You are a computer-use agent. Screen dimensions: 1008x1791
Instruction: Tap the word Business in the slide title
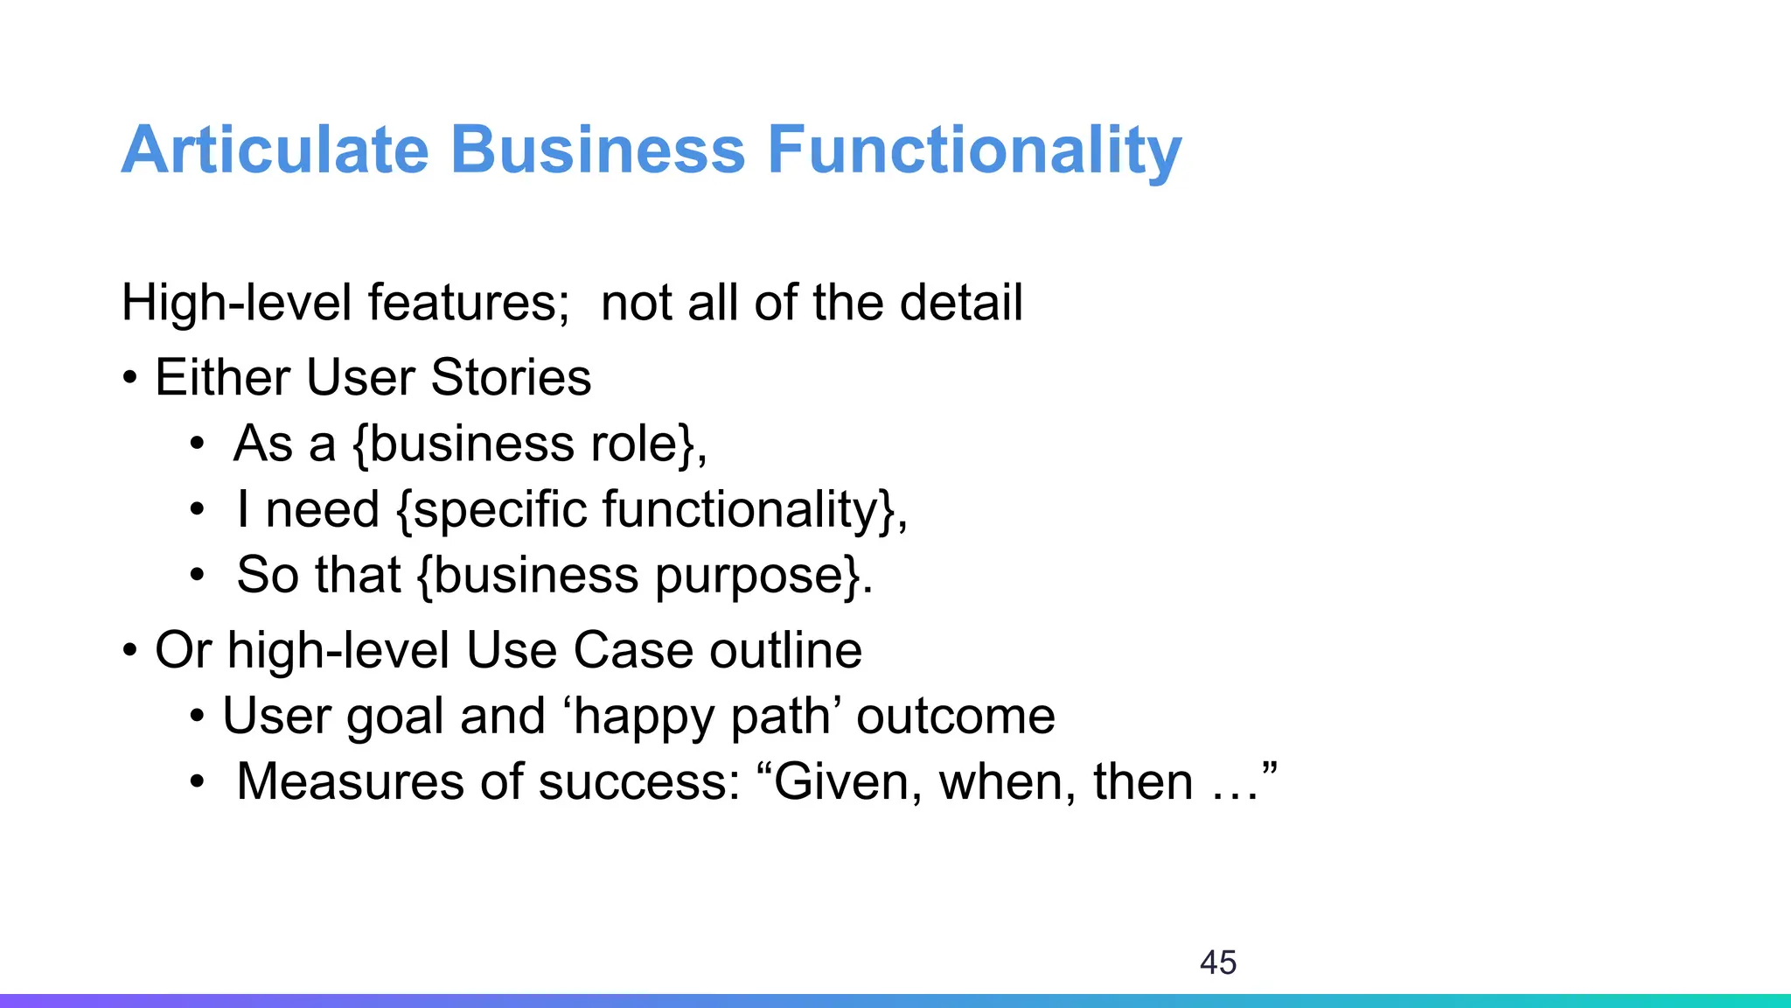click(x=597, y=150)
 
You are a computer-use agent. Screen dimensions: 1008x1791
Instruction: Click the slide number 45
click(x=1218, y=962)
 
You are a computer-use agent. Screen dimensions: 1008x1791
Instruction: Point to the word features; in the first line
click(x=469, y=303)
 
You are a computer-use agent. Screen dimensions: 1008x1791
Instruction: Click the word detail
click(x=961, y=303)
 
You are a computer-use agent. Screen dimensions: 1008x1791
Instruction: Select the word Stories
click(x=511, y=378)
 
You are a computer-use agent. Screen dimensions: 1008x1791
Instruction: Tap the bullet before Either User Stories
click(x=130, y=379)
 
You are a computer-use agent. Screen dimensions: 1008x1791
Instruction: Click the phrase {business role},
click(x=530, y=444)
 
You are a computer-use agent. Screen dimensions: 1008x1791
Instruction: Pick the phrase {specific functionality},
click(x=652, y=509)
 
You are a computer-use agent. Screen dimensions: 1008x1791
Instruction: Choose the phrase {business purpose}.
click(x=645, y=576)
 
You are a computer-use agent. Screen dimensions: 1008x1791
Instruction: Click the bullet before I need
click(x=198, y=509)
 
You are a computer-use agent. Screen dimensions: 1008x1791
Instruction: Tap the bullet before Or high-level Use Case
click(x=130, y=651)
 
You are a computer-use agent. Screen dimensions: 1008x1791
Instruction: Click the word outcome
click(x=956, y=717)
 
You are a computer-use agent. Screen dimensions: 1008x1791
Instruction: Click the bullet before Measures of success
click(x=198, y=781)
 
